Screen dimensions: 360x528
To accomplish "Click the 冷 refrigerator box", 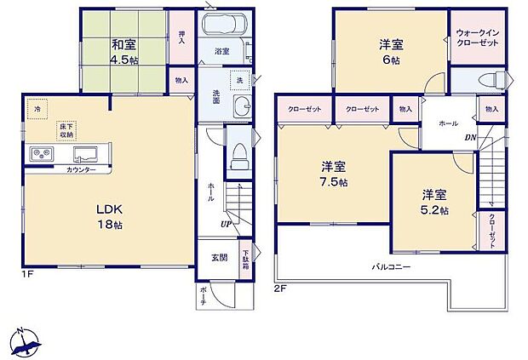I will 36,108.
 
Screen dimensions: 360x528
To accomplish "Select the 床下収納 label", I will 67,131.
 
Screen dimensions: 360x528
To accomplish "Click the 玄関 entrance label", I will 220,257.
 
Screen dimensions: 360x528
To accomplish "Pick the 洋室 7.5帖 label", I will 334,174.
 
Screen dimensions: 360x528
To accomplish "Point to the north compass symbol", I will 26,342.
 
